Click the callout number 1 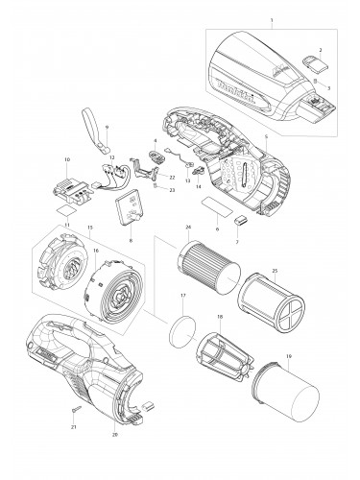(x=272, y=20)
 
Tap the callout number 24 (x=188, y=228)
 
